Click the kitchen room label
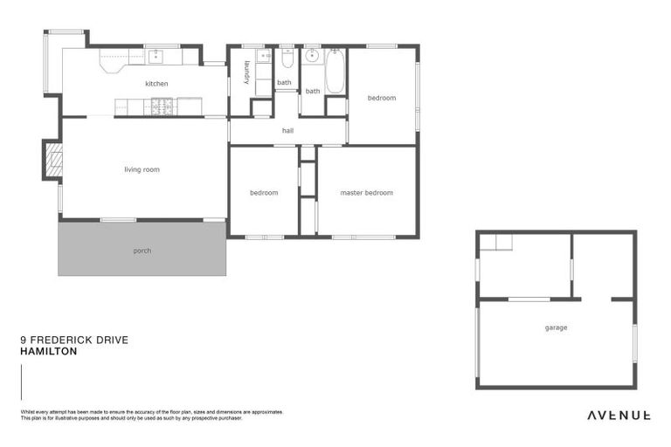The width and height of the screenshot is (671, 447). [x=156, y=84]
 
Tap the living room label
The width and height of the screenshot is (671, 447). [x=142, y=169]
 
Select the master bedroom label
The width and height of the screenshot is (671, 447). [x=366, y=193]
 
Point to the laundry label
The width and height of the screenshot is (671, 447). [x=247, y=72]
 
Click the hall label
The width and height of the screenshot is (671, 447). [x=287, y=131]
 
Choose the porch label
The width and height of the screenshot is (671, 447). [x=142, y=251]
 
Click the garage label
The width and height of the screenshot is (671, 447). [x=556, y=328]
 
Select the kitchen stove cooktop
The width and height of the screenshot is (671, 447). [x=161, y=107]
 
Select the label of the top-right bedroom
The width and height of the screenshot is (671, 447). [x=381, y=98]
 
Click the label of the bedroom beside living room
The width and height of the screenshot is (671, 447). [x=263, y=193]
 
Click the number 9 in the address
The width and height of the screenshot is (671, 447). [x=23, y=340]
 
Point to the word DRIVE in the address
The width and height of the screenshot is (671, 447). [x=113, y=340]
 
